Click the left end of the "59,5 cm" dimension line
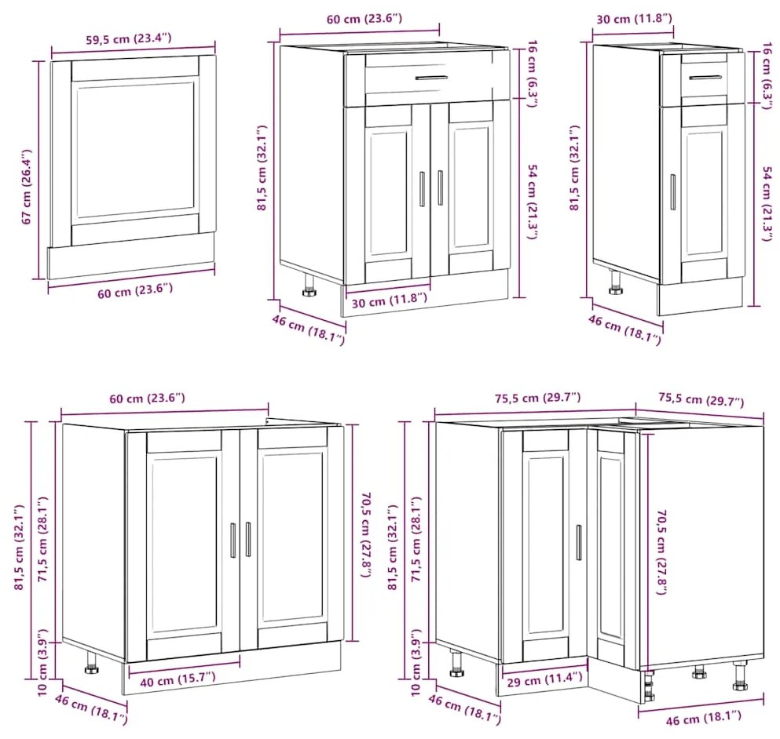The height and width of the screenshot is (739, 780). click(x=52, y=53)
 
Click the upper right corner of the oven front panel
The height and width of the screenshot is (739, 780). click(x=215, y=55)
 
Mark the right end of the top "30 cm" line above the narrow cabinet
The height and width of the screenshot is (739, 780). click(x=674, y=31)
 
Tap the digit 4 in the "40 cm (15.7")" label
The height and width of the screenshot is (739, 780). click(x=145, y=683)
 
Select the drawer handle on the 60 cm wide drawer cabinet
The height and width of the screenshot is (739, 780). click(x=431, y=78)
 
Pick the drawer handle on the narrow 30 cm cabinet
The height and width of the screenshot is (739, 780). click(x=705, y=78)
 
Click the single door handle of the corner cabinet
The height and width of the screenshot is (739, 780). click(x=579, y=542)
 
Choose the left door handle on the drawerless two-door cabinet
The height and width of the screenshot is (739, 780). click(x=233, y=540)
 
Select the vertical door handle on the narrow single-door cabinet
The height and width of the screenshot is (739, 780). click(x=673, y=192)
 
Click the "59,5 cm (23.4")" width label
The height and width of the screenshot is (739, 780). click(x=129, y=38)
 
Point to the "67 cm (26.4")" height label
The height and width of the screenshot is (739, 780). click(x=27, y=187)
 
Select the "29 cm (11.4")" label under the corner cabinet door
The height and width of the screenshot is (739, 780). click(x=544, y=679)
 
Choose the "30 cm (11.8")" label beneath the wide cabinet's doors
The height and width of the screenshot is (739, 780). click(x=389, y=300)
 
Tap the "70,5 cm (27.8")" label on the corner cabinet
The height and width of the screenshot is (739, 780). click(x=661, y=552)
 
